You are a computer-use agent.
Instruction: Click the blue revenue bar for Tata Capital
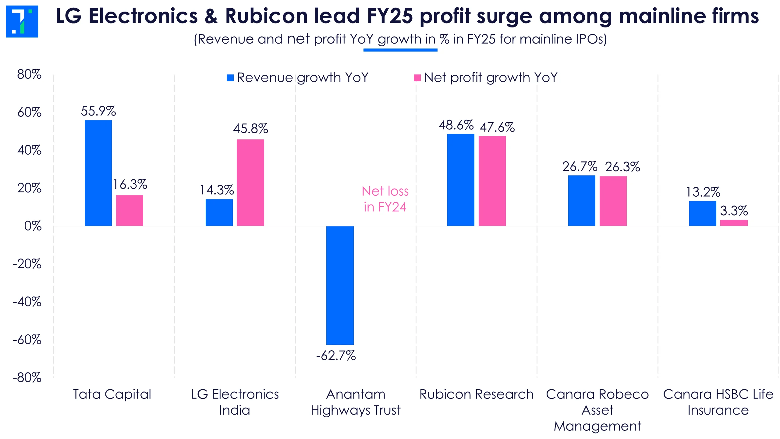coord(98,173)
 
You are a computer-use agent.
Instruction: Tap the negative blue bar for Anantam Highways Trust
coord(340,285)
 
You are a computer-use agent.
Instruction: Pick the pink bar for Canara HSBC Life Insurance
coord(734,223)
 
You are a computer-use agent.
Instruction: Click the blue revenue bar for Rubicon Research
coord(460,180)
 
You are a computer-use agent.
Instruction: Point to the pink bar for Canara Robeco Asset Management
coord(613,201)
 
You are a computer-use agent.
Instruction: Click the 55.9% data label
coord(98,111)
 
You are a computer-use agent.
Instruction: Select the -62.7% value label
coord(336,356)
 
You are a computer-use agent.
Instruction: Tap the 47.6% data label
coord(497,127)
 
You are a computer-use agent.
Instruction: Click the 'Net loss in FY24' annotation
coord(385,199)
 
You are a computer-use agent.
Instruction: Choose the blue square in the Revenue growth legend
coord(230,78)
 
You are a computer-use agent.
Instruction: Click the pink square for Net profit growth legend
coord(417,78)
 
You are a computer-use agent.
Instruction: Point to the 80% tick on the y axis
coord(29,74)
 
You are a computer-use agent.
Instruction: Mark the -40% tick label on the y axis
coord(27,302)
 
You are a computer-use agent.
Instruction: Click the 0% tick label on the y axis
coord(33,226)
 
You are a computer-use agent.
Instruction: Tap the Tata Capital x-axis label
coord(112,394)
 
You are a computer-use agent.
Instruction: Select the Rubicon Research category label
coord(476,394)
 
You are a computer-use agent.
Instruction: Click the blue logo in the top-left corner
coord(22,21)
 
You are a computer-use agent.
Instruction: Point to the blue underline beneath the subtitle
coord(400,50)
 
